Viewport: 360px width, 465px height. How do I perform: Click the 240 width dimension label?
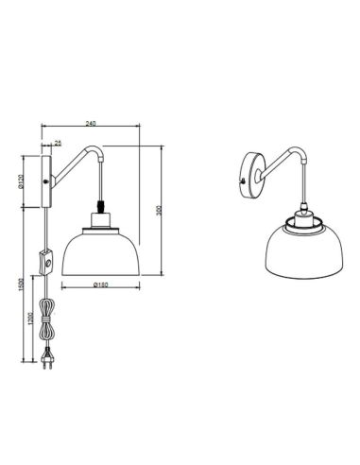click(x=89, y=122)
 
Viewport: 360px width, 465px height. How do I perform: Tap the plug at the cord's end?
click(x=43, y=360)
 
